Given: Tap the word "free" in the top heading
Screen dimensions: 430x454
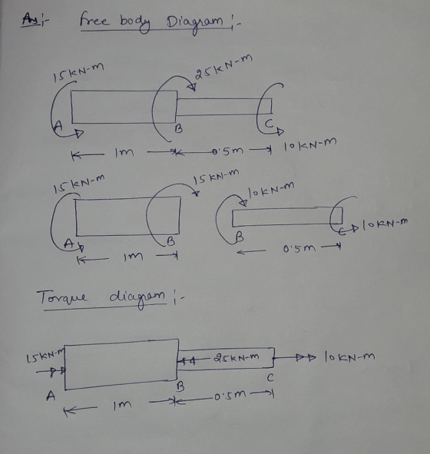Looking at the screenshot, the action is (94, 19).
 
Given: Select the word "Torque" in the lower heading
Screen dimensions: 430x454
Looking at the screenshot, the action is (61, 297).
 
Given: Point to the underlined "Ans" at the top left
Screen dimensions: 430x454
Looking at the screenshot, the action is (30, 20).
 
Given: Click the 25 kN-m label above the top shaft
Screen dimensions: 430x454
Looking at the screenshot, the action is (223, 67).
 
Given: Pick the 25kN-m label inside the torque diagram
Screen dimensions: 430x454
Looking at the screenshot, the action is (237, 357).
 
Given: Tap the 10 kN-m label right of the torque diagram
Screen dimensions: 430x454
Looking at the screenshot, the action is (349, 356).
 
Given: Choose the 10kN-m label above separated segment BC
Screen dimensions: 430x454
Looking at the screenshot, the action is (271, 190).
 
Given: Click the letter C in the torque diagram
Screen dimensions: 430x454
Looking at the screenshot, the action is (270, 378).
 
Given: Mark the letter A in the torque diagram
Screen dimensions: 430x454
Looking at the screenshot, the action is (51, 395).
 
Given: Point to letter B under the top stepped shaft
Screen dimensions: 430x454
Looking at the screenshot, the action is (179, 129).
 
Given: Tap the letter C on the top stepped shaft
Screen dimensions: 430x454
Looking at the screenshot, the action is (269, 124).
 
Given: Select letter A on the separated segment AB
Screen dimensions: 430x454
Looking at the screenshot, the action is (68, 244).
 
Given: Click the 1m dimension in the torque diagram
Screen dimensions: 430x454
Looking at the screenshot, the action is (122, 405).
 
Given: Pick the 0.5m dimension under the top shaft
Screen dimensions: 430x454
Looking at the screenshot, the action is (228, 151).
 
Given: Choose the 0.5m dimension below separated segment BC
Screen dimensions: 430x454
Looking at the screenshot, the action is (299, 248).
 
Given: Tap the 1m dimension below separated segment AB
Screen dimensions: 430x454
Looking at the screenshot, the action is (133, 257).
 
